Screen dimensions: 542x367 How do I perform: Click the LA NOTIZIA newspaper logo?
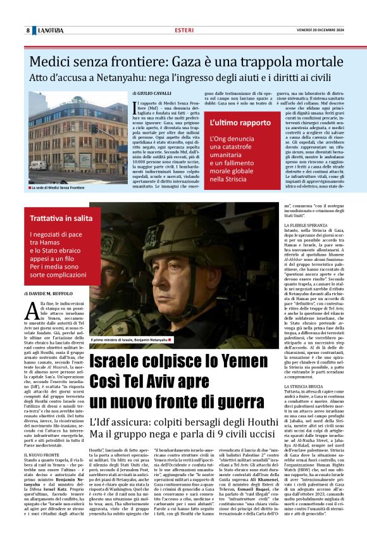[51, 30]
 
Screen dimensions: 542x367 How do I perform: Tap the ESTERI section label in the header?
[183, 30]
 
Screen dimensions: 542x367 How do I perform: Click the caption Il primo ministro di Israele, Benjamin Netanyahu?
[132, 339]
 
